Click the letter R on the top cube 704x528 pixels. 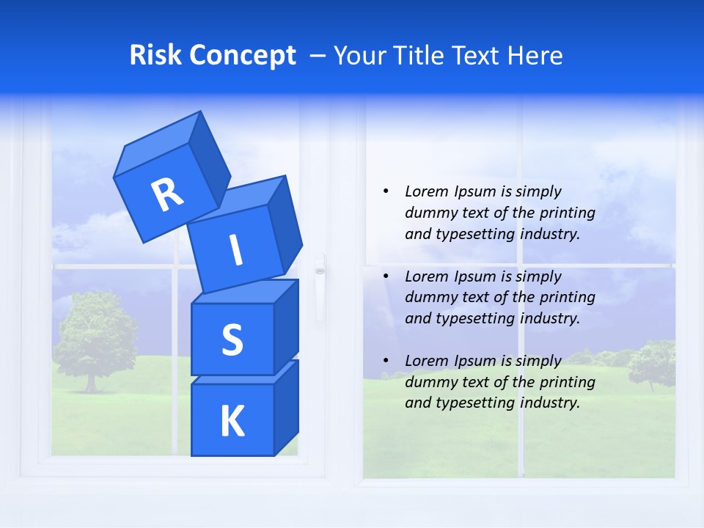(167, 195)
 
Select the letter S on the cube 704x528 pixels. (232, 340)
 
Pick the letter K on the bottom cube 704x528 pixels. (232, 422)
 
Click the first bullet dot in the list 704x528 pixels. (386, 191)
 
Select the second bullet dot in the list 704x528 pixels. (386, 276)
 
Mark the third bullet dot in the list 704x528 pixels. (386, 361)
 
